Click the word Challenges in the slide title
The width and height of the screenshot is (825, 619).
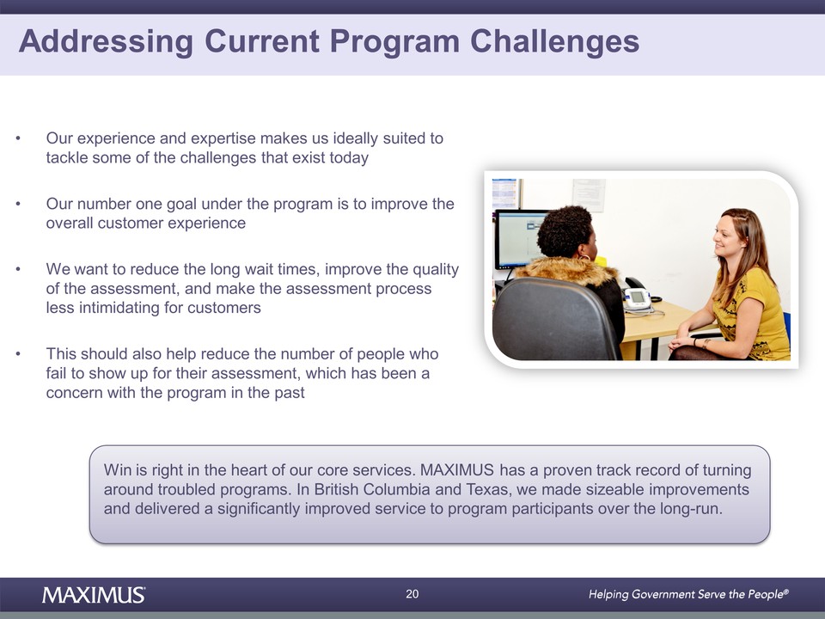(x=554, y=41)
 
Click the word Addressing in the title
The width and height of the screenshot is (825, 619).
(x=106, y=41)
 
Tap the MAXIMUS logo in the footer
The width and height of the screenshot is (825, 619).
(x=94, y=595)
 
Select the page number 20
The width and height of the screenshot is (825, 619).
(x=412, y=594)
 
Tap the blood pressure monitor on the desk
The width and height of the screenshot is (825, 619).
(x=639, y=300)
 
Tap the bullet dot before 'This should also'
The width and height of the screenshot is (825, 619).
(x=18, y=354)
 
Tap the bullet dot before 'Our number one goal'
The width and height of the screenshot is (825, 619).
(x=18, y=205)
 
